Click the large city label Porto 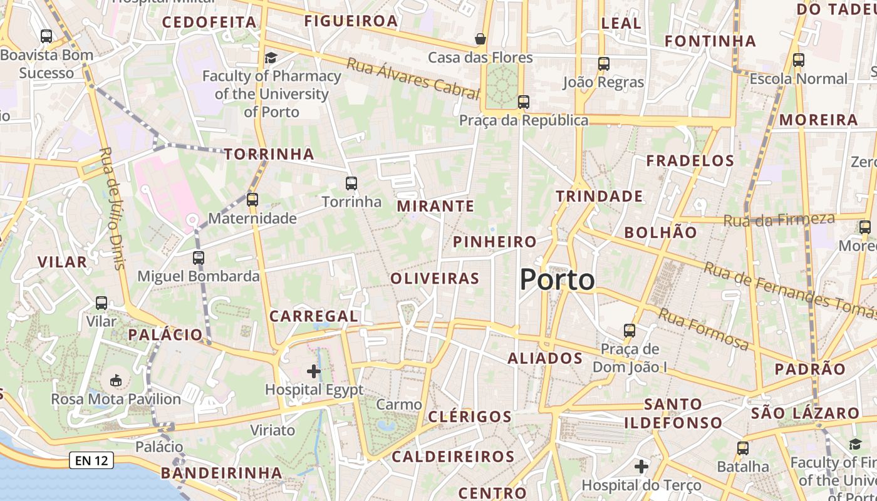tap(557, 279)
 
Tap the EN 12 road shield tap(91, 461)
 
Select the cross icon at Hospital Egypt tap(314, 371)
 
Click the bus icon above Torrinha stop tap(351, 183)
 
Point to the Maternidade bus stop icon tap(252, 200)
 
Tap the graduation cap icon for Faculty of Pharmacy tap(271, 58)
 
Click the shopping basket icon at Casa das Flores tap(480, 39)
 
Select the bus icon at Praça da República tap(524, 101)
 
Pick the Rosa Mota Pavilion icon tap(115, 380)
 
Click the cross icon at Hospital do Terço tap(641, 467)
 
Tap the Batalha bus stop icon tap(743, 448)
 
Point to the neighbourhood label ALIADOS tap(545, 358)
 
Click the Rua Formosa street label tap(703, 330)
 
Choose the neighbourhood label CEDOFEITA tap(209, 23)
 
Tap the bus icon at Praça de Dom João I tap(630, 330)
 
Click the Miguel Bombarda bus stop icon tap(199, 257)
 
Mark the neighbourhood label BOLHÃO tap(660, 232)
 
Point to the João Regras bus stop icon tap(603, 64)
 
